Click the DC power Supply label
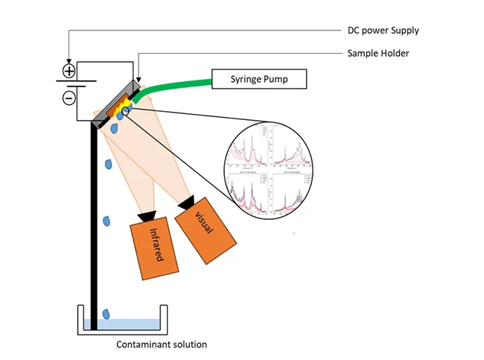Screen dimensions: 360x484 (383, 31)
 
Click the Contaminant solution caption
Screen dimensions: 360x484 (162, 344)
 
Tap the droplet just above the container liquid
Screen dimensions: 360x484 (109, 313)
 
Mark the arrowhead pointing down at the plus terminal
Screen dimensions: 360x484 (69, 60)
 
